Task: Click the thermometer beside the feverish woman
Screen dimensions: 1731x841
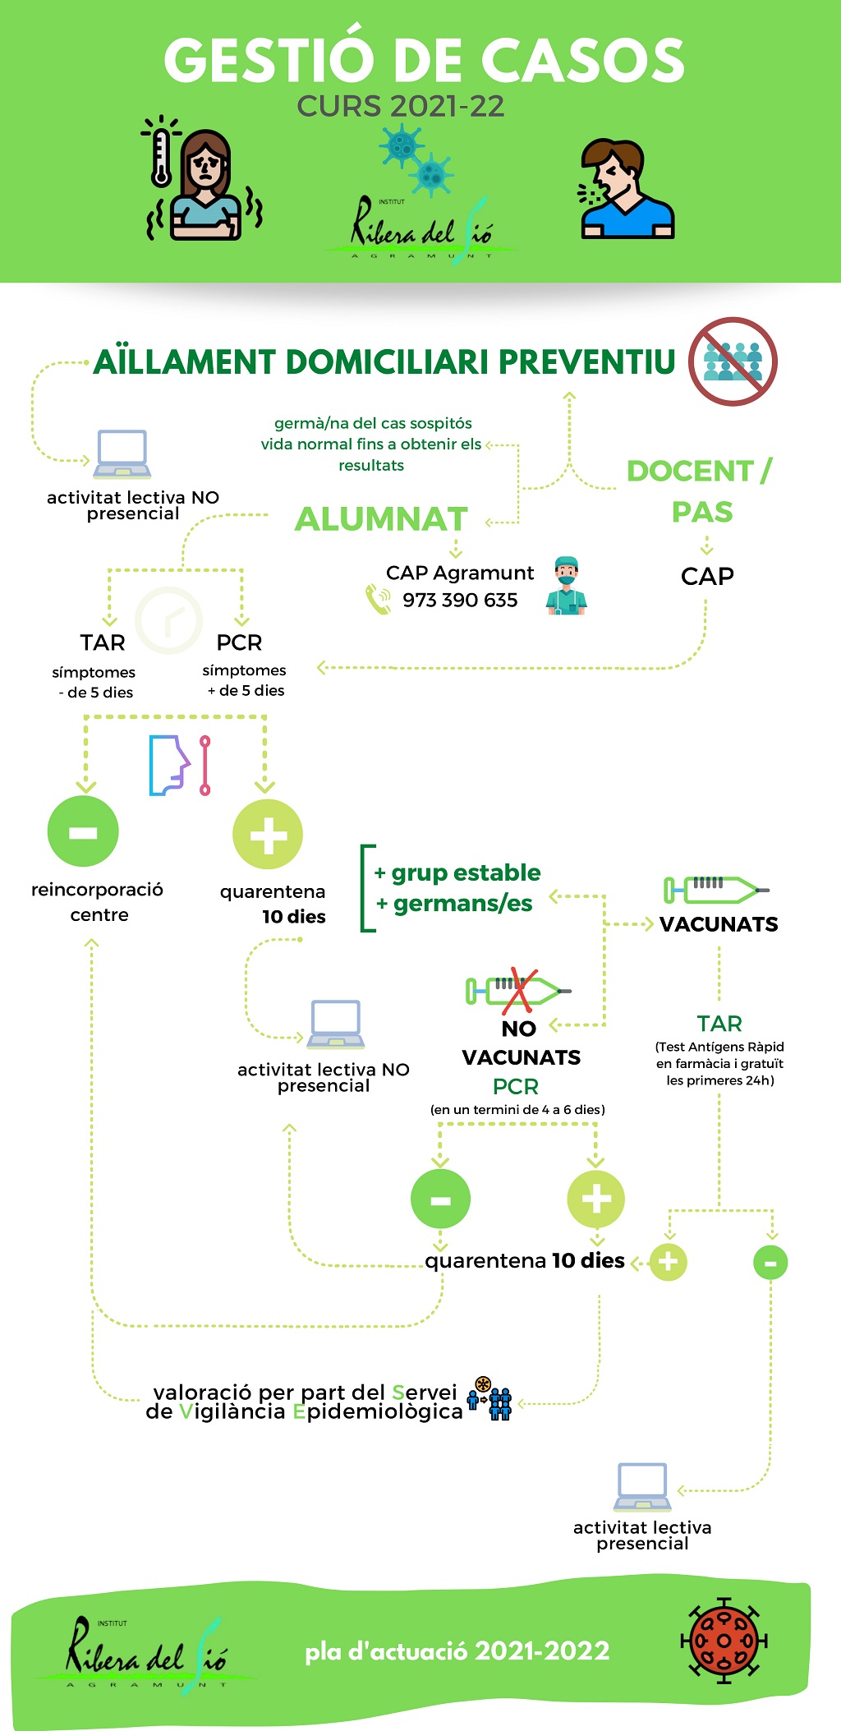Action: click(161, 157)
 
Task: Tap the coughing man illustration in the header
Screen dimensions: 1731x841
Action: click(624, 190)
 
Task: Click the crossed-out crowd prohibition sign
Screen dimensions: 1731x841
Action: click(733, 361)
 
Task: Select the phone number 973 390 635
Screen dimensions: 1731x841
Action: click(460, 601)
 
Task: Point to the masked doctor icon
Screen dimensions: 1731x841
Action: click(566, 586)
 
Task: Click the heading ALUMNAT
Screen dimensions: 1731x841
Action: click(381, 519)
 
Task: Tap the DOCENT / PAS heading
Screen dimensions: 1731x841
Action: click(700, 490)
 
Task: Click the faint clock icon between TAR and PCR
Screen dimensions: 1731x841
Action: click(168, 620)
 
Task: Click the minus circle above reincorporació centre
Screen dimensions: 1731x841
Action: click(83, 831)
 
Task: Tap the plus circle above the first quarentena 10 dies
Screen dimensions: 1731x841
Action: click(268, 835)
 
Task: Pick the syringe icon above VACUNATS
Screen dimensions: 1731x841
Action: click(715, 889)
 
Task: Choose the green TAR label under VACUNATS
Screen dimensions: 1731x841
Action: click(719, 1024)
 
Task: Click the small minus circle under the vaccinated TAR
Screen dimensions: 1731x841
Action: click(770, 1263)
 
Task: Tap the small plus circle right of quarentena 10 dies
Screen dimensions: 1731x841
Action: click(669, 1262)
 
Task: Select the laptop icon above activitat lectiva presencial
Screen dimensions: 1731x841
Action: click(641, 1487)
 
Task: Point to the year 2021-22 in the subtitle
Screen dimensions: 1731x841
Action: click(447, 107)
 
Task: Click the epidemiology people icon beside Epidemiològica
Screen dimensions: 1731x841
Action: click(489, 1399)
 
